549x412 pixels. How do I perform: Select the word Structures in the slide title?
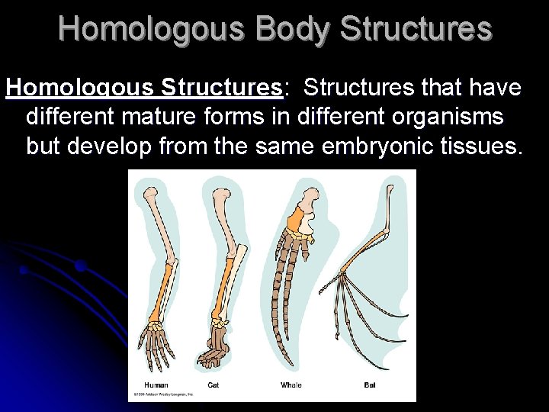pyautogui.click(x=416, y=29)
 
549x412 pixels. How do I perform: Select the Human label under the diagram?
pyautogui.click(x=156, y=385)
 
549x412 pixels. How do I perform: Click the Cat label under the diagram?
pyautogui.click(x=213, y=385)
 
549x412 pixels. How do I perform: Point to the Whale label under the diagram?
pyautogui.click(x=291, y=385)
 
